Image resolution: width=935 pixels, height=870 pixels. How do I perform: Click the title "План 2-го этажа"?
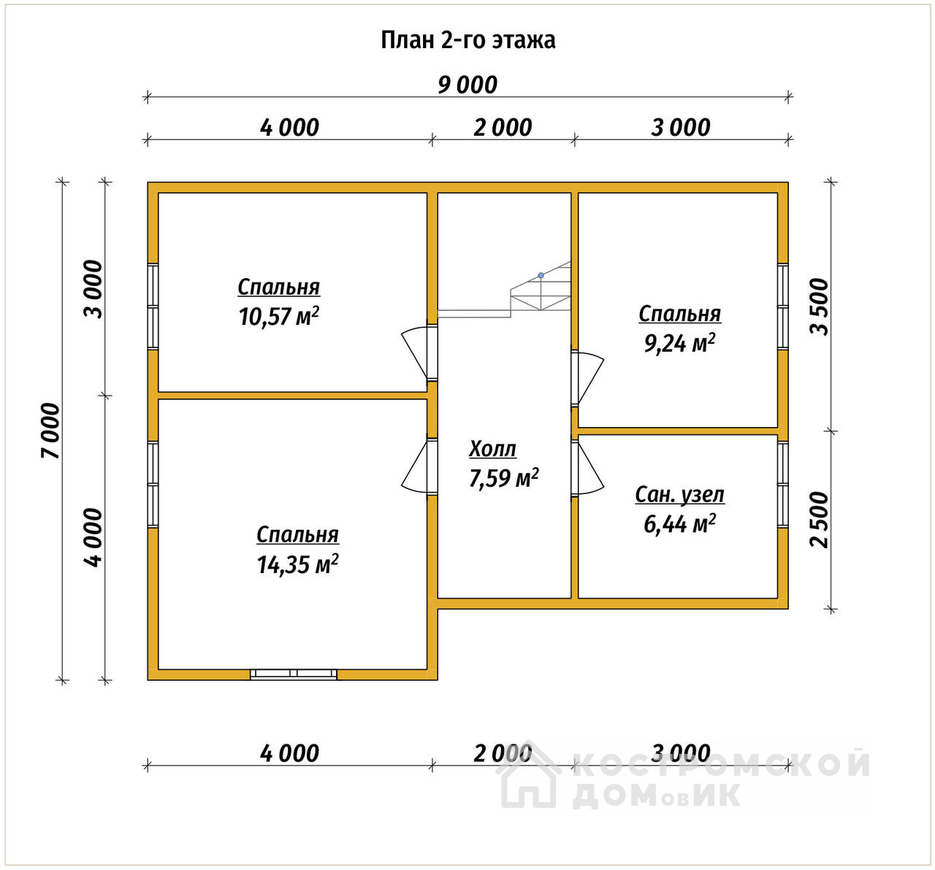click(x=467, y=40)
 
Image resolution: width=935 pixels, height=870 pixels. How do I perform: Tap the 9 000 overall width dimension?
click(x=467, y=85)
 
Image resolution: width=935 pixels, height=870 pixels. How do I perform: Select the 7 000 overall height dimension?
click(x=51, y=431)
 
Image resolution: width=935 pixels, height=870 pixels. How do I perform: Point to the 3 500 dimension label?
click(x=819, y=307)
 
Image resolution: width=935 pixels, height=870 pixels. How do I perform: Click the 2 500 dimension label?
click(x=819, y=520)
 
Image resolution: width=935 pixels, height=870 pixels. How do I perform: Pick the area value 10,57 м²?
click(x=279, y=316)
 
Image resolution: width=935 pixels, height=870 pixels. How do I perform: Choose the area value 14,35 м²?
click(x=297, y=564)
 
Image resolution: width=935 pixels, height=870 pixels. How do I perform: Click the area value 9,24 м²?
click(x=679, y=343)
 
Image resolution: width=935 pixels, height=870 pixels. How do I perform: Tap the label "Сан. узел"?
click(x=679, y=495)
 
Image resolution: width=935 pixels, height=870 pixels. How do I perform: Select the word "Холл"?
click(x=492, y=449)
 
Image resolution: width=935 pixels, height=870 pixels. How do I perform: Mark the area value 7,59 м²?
click(x=504, y=478)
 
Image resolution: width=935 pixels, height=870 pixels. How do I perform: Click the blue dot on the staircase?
click(x=541, y=275)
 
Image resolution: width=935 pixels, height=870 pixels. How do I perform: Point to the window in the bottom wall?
click(x=294, y=674)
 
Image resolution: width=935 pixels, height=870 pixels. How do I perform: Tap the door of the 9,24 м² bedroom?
click(x=587, y=378)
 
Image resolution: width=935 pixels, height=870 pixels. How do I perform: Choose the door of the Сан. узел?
click(x=587, y=468)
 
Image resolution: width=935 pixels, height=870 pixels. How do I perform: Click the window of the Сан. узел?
click(x=782, y=485)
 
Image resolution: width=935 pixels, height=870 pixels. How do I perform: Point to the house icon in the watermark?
click(x=529, y=777)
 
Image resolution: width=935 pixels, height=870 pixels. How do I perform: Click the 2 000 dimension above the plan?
click(x=503, y=128)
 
